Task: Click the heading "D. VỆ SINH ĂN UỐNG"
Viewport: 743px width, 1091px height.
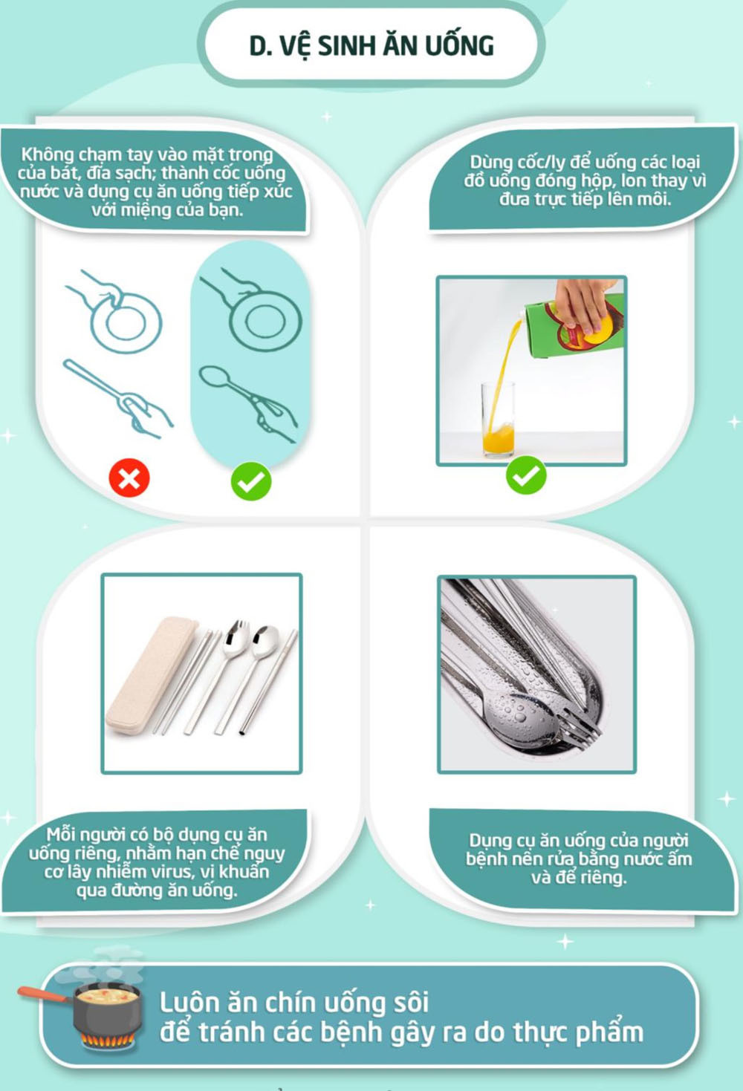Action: point(371,46)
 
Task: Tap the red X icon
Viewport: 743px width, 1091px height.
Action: point(129,478)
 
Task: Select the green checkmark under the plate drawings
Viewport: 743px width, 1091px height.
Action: point(251,481)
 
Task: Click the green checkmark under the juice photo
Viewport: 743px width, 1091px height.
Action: point(526,475)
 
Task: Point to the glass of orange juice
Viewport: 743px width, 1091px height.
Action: point(498,420)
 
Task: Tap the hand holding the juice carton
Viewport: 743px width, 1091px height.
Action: point(583,303)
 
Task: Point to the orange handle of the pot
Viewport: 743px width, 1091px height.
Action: point(43,993)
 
